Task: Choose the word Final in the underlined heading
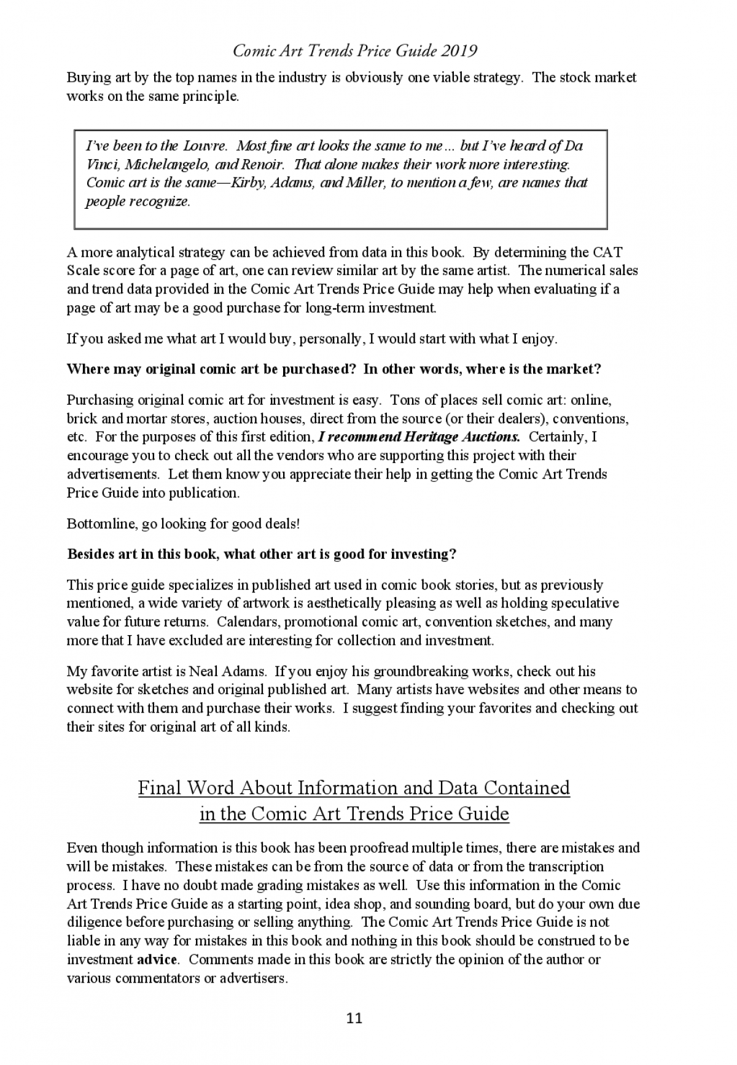click(160, 788)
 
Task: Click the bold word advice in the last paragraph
click(157, 959)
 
